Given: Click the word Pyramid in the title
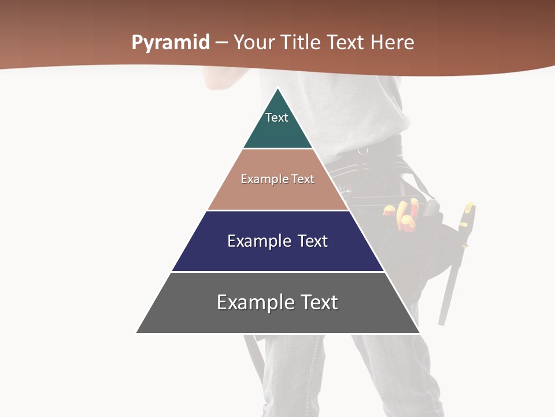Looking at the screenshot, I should click(170, 43).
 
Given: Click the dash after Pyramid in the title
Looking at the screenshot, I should click(221, 43).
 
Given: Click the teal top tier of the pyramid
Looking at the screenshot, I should click(278, 133).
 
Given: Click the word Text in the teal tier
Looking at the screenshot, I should click(277, 118).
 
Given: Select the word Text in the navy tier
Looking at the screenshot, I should click(313, 241).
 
